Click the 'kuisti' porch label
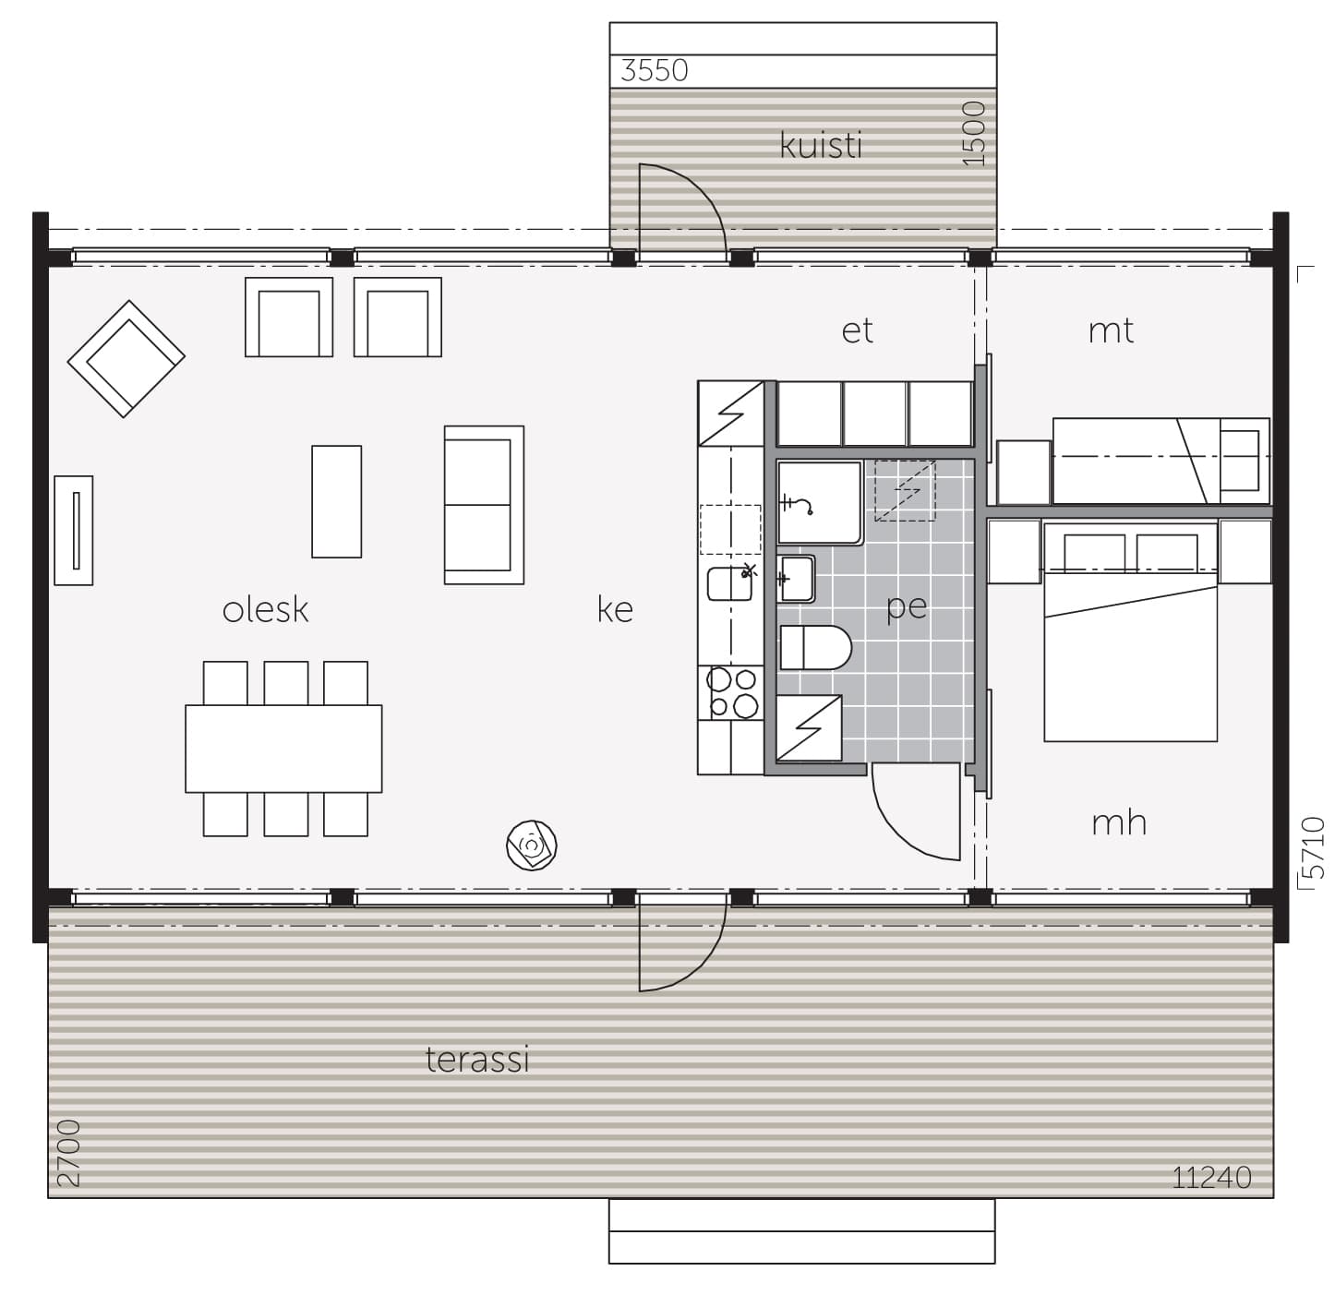[821, 146]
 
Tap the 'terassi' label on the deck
[477, 1059]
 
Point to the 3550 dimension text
[654, 71]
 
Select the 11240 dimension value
[1211, 1177]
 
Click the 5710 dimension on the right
[1313, 847]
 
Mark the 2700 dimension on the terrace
[68, 1153]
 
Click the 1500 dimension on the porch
[974, 134]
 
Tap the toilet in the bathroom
[815, 648]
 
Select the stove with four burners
[731, 692]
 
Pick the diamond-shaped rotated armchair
[126, 359]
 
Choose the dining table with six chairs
[284, 749]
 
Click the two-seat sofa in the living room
[484, 505]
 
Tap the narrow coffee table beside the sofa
[337, 501]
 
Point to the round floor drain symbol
[532, 845]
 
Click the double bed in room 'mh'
[1131, 632]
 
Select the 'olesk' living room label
[265, 610]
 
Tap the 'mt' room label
[1111, 331]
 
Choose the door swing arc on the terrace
[700, 966]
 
